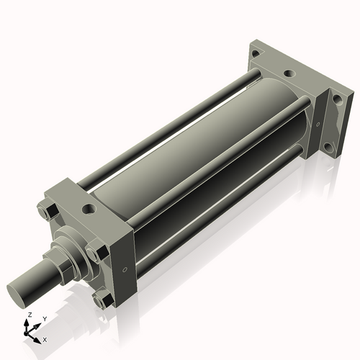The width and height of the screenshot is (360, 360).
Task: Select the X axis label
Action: pos(45,338)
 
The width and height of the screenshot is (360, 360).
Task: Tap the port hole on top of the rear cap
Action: pos(289,73)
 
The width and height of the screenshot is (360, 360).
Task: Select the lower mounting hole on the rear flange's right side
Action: pos(332,151)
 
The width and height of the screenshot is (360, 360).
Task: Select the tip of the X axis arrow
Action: pos(39,337)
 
